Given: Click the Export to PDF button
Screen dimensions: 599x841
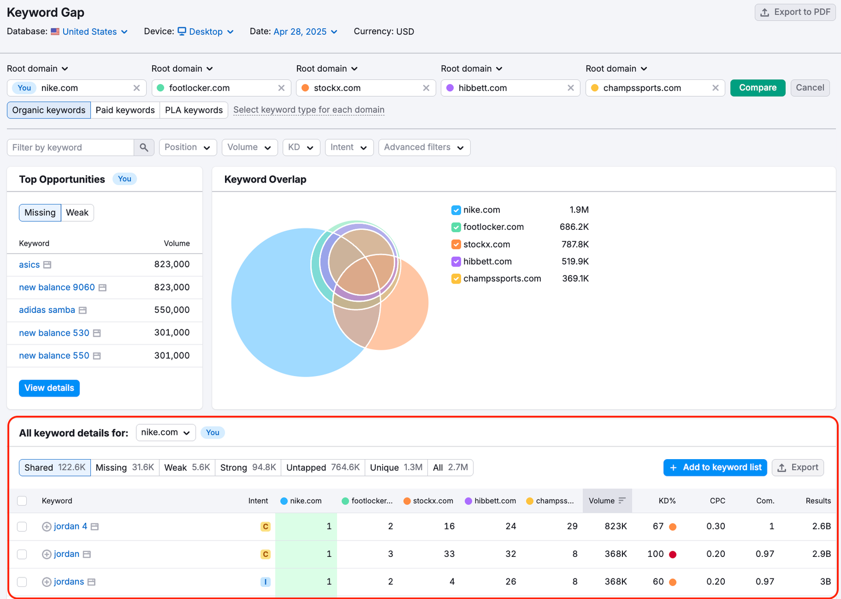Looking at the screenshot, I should tap(795, 12).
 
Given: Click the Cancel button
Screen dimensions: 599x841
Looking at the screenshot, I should tap(809, 88).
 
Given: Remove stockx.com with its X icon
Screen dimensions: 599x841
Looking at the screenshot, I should tap(426, 88).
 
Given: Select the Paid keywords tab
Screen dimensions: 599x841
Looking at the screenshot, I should tap(125, 110).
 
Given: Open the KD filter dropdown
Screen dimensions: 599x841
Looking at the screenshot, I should tap(301, 147).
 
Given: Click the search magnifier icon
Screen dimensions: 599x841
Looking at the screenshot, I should tap(144, 147).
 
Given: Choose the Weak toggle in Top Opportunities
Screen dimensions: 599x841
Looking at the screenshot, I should tap(77, 212).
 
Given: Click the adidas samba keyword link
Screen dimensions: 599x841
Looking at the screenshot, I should tap(47, 310).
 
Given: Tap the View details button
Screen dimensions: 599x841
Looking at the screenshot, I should tap(49, 388).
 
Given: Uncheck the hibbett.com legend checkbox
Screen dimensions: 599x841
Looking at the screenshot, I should tap(456, 261).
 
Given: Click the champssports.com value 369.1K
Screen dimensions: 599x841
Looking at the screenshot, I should tap(575, 279).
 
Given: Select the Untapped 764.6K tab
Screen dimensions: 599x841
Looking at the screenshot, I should tap(323, 468).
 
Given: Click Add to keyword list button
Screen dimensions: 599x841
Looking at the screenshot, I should tap(715, 468).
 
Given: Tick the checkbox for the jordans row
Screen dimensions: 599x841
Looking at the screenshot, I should tap(22, 582).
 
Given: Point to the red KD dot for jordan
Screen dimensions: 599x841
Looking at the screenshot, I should tap(672, 554).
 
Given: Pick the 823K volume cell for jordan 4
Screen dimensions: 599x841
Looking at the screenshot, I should tap(616, 526).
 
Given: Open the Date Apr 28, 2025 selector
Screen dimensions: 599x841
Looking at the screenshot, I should tap(305, 32).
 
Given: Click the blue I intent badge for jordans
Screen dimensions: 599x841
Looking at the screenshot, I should tap(265, 582).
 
